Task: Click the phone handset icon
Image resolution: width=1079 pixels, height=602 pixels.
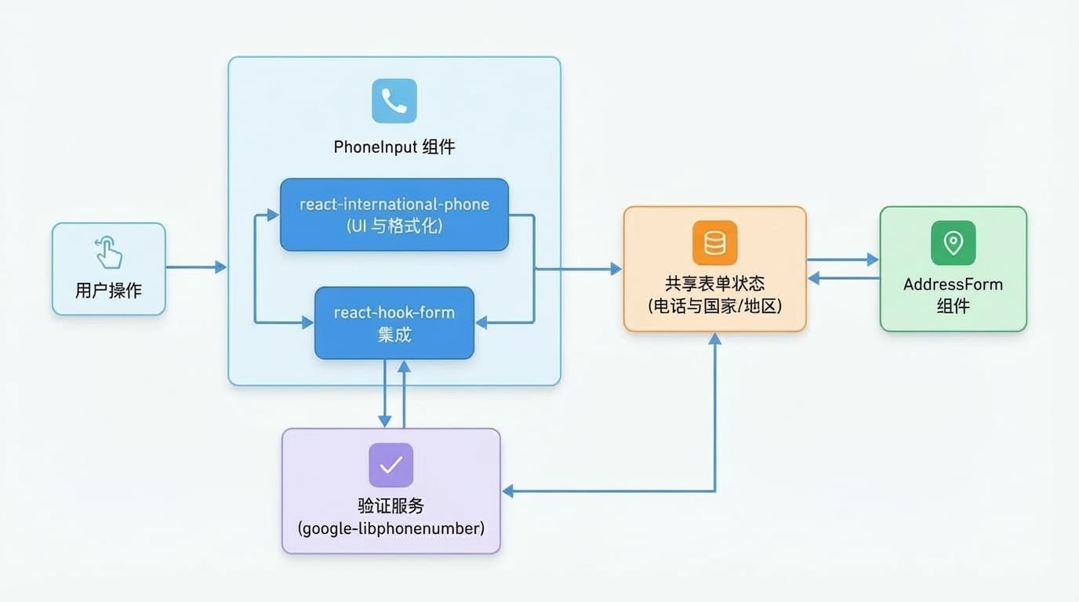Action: [394, 101]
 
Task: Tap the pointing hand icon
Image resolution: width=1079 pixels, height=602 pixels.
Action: [108, 252]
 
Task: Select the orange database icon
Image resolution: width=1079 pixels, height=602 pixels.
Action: [715, 243]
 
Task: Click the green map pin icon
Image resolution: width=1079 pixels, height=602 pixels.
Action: [954, 243]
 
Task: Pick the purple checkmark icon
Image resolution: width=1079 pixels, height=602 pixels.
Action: [391, 466]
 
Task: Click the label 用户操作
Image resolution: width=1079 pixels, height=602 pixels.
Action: [108, 290]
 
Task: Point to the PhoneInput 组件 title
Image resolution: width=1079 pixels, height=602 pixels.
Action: [394, 147]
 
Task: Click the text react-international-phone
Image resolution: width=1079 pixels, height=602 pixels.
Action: [394, 205]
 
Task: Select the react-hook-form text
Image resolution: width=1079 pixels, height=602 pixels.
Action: [394, 313]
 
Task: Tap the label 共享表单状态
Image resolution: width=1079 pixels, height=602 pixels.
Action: [715, 284]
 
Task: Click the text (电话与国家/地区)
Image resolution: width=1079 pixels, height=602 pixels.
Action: [715, 306]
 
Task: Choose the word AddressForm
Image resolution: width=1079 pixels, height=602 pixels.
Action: [954, 284]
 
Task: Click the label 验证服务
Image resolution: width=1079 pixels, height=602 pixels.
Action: [391, 506]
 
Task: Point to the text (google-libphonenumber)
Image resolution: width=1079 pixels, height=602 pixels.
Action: [391, 528]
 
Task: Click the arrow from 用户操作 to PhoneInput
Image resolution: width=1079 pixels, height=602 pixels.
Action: [196, 267]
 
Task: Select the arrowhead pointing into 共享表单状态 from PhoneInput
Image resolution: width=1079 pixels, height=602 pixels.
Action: [616, 269]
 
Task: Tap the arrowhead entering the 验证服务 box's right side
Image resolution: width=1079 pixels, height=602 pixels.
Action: [507, 491]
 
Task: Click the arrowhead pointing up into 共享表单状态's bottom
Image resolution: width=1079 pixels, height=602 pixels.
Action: [715, 339]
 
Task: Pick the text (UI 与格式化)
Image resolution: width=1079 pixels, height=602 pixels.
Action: [394, 226]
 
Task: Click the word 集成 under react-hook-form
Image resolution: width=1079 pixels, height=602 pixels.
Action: [394, 335]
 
